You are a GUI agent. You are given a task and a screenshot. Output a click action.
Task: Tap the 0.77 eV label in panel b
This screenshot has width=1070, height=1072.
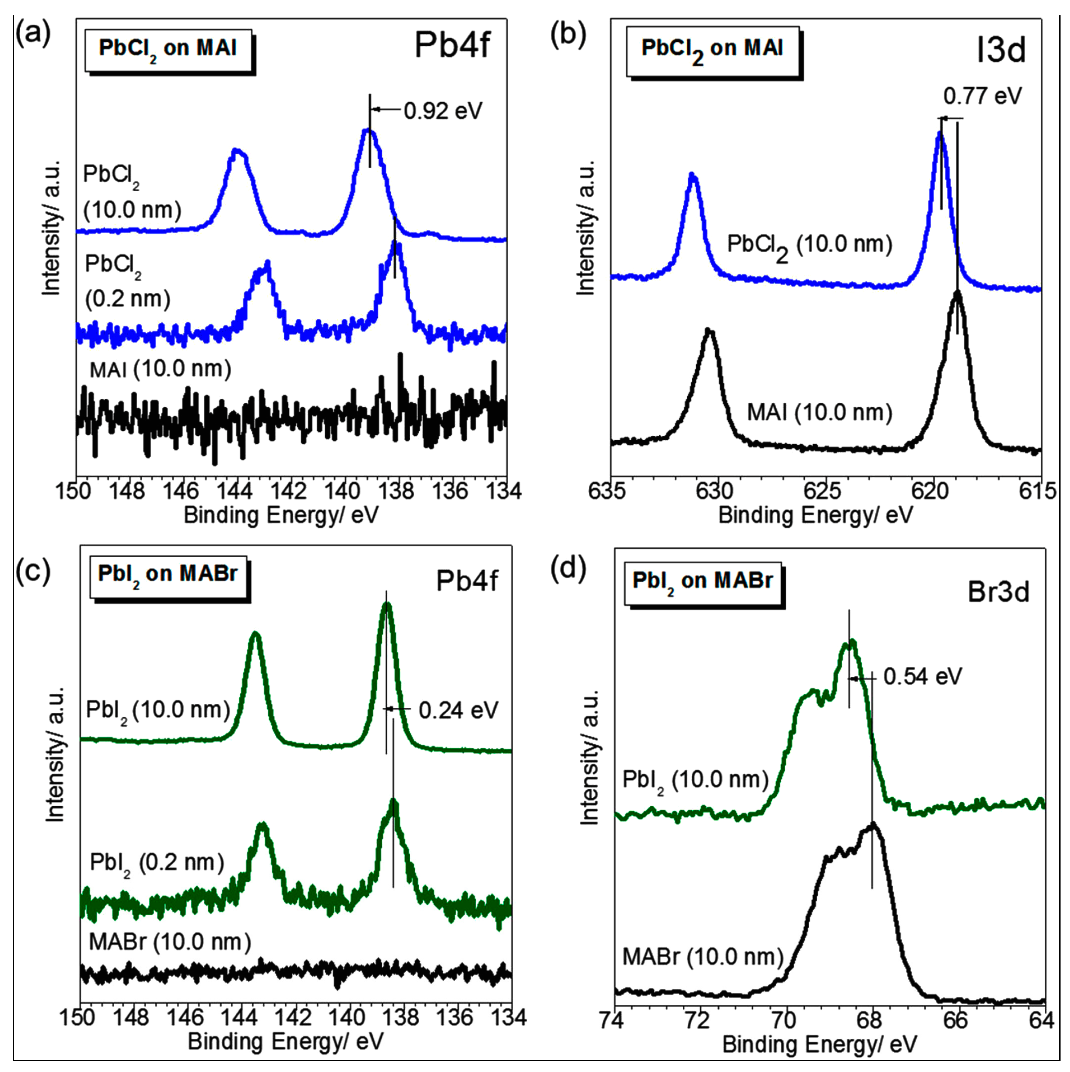tap(982, 96)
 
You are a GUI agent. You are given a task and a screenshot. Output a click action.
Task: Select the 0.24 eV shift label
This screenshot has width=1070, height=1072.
tap(458, 710)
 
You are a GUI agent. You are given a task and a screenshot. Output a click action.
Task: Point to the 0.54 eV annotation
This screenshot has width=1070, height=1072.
tap(922, 676)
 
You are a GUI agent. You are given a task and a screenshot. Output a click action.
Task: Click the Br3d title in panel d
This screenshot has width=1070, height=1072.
tap(998, 592)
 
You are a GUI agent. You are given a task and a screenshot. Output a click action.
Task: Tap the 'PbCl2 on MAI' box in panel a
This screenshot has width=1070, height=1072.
tap(168, 49)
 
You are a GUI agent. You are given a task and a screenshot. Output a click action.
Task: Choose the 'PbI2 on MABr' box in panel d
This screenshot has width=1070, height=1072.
tap(703, 581)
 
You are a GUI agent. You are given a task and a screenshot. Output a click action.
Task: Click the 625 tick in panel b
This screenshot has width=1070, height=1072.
tap(825, 491)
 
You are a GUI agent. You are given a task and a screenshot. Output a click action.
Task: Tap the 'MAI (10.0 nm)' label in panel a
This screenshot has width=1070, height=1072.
tap(161, 369)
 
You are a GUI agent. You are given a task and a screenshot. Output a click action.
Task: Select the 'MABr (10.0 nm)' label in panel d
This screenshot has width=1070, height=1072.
tap(703, 956)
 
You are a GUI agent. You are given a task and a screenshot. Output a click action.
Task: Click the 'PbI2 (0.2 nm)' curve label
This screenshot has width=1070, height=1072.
tap(157, 863)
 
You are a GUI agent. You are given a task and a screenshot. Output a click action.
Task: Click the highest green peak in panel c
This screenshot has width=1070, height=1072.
tap(387, 605)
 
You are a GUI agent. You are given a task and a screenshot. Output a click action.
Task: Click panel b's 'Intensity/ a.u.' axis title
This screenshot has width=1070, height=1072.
tap(586, 228)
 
